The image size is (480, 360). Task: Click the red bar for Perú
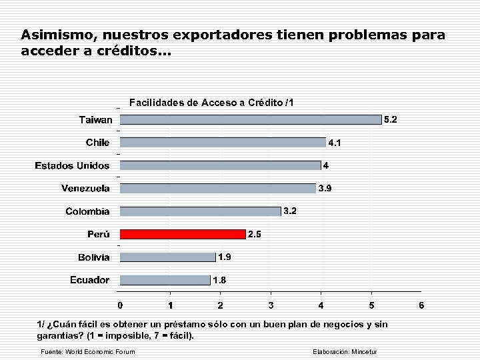coord(183,234)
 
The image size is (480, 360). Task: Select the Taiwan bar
coord(251,120)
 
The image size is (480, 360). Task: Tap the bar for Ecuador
coord(165,280)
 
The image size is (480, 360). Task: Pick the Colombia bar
coord(200,211)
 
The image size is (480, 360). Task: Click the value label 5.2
coord(391,120)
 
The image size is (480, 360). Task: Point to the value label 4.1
coord(335,143)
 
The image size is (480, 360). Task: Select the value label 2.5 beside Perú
coord(255,234)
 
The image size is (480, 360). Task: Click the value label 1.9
coord(225,257)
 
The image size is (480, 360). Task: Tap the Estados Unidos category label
coord(72,165)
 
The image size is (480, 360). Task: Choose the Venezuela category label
coord(85,188)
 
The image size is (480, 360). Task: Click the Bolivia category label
coord(93,257)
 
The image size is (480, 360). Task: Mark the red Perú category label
coord(99,234)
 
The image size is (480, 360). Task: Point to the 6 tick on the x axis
coord(421,305)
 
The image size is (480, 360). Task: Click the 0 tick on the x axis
coord(120,305)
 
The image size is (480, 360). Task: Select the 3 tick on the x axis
coord(271,305)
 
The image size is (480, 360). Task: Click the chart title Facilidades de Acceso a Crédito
coord(211,103)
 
